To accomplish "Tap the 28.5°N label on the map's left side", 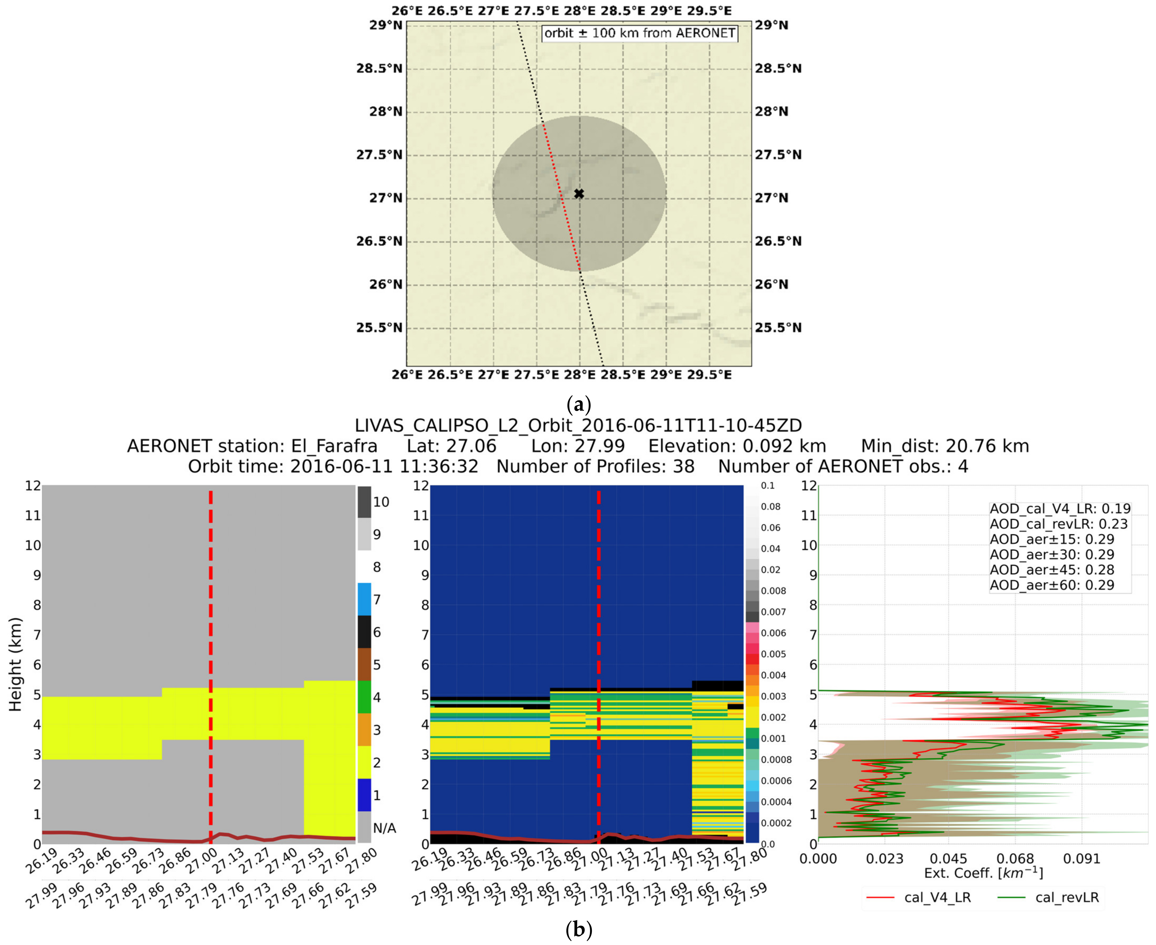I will [379, 69].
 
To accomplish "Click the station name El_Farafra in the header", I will [334, 446].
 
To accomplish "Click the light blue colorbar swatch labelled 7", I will [364, 599].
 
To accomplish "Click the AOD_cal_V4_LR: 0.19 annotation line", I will [1060, 508].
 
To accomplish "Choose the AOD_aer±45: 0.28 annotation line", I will [1051, 570].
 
